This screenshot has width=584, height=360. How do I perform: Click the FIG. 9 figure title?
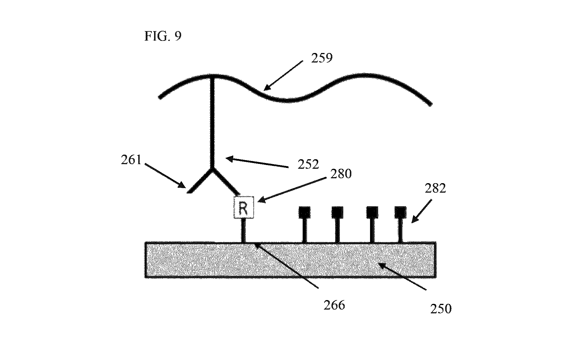[163, 36]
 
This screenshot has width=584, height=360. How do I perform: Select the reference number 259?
[322, 58]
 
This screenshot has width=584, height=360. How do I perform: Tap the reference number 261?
[131, 160]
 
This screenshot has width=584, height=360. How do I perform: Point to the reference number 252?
[308, 164]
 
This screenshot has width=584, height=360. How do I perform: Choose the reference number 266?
[334, 305]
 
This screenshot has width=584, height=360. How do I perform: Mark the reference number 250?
[441, 309]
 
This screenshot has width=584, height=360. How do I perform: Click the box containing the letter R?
[244, 207]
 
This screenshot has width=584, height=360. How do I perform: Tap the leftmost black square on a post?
[304, 212]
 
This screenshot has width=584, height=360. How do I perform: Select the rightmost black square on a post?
[400, 212]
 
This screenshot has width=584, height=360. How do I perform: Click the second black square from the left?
[337, 212]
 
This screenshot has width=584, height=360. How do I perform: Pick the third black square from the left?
[372, 212]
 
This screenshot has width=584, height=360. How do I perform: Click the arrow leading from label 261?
[165, 176]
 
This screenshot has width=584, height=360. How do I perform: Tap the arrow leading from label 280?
[291, 190]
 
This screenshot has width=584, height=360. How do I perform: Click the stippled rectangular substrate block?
[290, 260]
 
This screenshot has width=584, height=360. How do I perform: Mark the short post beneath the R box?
[244, 230]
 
